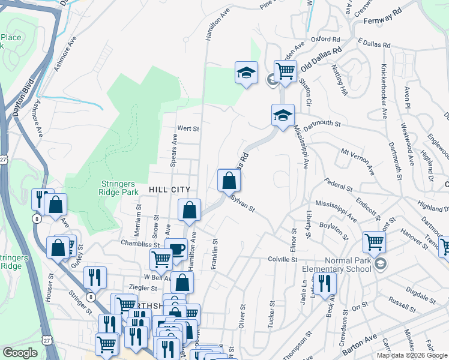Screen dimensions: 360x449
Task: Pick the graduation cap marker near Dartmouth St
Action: [283, 115]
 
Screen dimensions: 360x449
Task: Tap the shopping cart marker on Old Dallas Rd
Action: [285, 71]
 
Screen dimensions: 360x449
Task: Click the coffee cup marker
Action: [176, 249]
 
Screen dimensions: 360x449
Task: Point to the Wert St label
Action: [188, 128]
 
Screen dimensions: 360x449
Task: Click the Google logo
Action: [20, 353]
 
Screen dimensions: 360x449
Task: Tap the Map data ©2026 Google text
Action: [411, 355]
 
